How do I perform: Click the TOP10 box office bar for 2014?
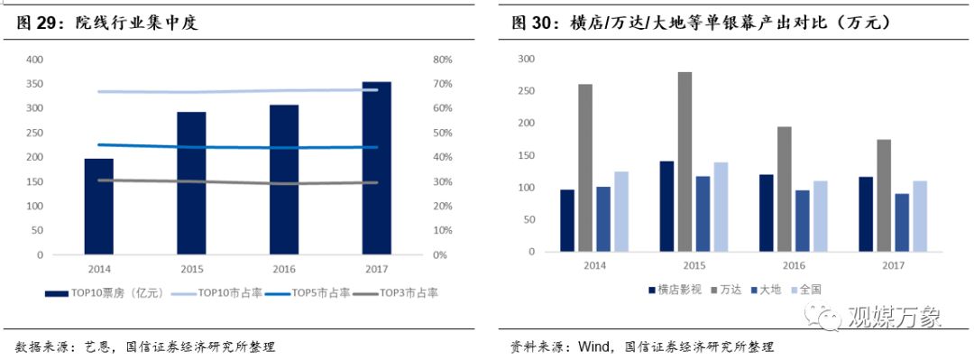pyautogui.click(x=99, y=207)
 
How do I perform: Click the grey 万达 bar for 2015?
pyautogui.click(x=685, y=163)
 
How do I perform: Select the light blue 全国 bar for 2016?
pyautogui.click(x=820, y=217)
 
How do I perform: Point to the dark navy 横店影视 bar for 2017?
pyautogui.click(x=865, y=216)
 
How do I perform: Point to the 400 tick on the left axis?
pyautogui.click(x=34, y=60)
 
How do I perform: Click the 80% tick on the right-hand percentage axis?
pyautogui.click(x=442, y=60)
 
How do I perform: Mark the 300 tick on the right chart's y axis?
pyautogui.click(x=526, y=60)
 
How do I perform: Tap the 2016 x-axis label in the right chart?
pyautogui.click(x=793, y=265)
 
